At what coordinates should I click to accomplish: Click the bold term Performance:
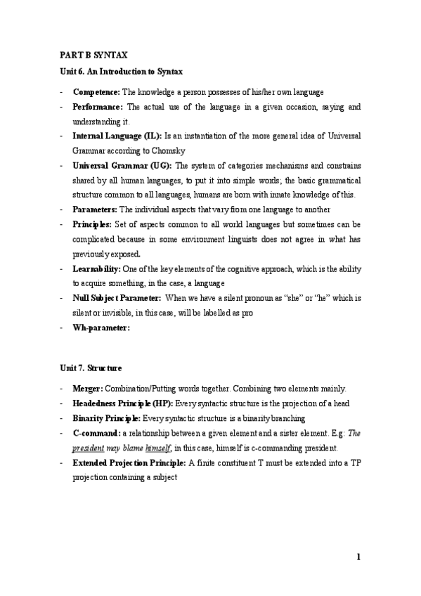tap(98, 107)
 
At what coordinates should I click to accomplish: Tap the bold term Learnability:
tap(97, 268)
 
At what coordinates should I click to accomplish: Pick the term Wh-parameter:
tap(101, 328)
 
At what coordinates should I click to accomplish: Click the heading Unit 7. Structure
tap(89, 368)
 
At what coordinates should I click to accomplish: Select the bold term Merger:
tap(88, 389)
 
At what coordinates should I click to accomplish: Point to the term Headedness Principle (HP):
tap(122, 403)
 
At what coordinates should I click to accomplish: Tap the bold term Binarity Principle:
tap(107, 418)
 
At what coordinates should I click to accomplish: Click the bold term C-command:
tap(97, 433)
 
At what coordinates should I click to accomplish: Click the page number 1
tap(358, 558)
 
